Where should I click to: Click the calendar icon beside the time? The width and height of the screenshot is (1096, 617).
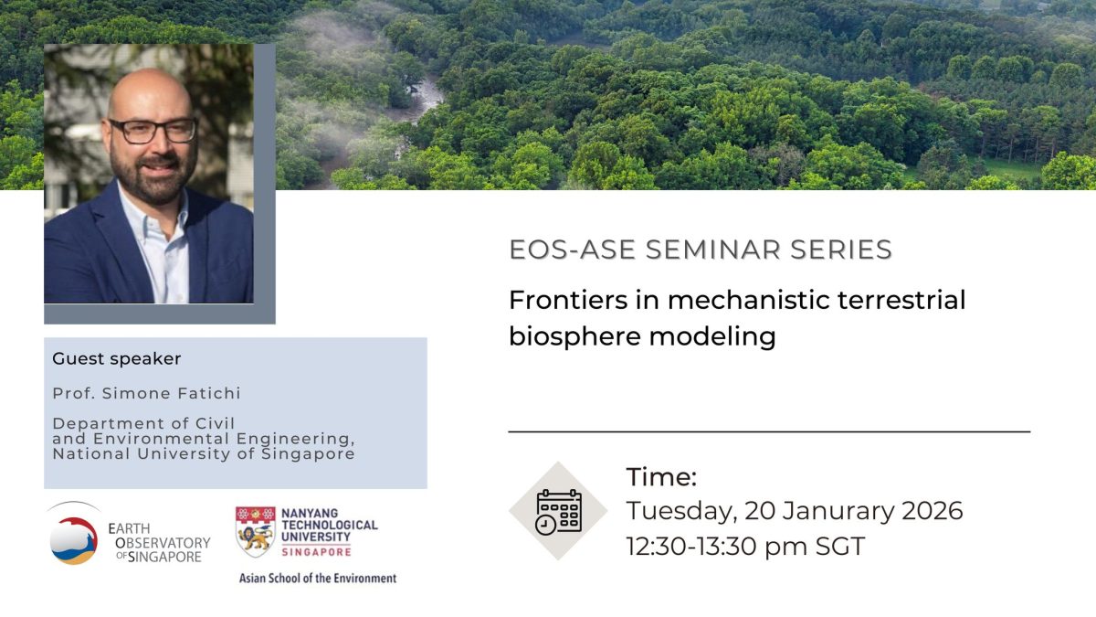pos(559,511)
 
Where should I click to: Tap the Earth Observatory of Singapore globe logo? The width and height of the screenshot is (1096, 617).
pos(73,537)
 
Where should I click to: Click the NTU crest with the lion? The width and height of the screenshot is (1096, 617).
pos(255,532)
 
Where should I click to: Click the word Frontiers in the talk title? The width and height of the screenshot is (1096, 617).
pos(568,300)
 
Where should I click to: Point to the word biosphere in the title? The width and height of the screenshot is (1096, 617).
pos(575,337)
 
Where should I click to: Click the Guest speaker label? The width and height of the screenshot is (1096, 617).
pos(117,359)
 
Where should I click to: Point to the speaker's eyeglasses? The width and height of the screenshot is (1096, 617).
pos(153,131)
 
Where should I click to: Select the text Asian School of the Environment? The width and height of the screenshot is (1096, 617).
pos(318,579)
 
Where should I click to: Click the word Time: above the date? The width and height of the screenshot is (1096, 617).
pos(661,476)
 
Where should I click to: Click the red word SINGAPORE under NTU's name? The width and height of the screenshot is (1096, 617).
pos(317,552)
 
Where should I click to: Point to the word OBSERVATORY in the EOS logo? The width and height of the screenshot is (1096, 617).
pos(163,543)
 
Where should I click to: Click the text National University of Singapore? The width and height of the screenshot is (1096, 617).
pos(204,454)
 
